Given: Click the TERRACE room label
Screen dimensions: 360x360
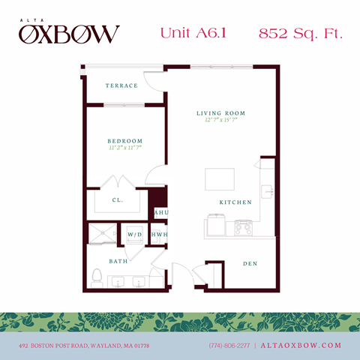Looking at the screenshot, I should point(121,85).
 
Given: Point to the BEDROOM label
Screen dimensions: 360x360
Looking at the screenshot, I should point(124,141).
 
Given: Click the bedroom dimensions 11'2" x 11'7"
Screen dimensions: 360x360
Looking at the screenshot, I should point(124,148).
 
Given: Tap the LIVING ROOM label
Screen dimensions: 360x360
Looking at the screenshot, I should point(221,113).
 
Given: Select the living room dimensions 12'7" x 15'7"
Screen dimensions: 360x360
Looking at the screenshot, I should point(221,121).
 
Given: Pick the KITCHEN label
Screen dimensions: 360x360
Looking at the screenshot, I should point(235,202).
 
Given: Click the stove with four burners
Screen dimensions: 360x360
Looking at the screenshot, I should point(244,226).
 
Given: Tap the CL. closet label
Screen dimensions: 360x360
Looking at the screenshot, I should point(118,200).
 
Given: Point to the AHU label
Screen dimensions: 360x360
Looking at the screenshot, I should point(160,213).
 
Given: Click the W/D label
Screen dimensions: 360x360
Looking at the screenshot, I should point(135,234).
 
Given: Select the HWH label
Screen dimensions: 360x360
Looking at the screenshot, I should point(159,234).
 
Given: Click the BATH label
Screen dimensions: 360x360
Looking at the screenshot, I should point(118,261).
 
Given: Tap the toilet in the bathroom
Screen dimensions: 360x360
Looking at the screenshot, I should point(96,278).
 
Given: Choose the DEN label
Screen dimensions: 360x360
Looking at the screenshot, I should point(250,264).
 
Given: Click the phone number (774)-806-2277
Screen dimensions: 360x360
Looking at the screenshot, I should point(229,346).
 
